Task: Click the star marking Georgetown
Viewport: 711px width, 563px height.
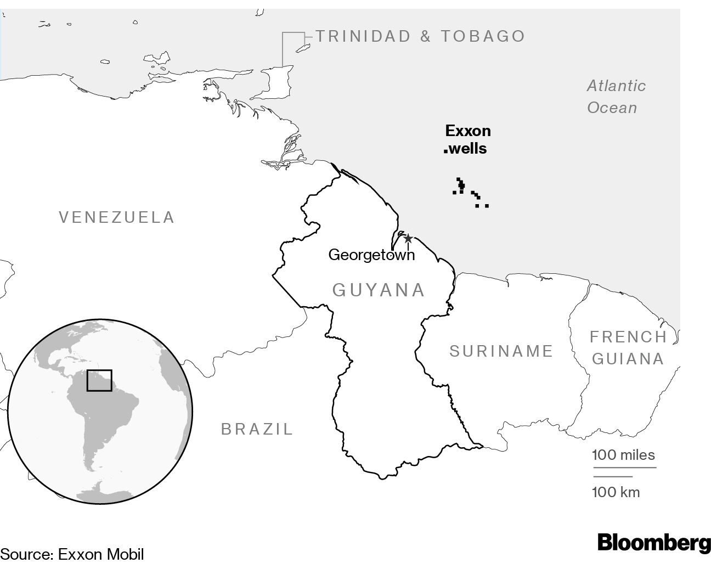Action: pyautogui.click(x=408, y=238)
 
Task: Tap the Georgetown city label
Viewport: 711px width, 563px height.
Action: pyautogui.click(x=371, y=255)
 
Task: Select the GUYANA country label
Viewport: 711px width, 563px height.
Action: pyautogui.click(x=379, y=290)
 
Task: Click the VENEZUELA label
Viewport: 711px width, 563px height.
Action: pyautogui.click(x=117, y=217)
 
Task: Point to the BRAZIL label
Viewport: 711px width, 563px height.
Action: pyautogui.click(x=257, y=429)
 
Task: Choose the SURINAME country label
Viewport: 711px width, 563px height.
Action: pyautogui.click(x=501, y=351)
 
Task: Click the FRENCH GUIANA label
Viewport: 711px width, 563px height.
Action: pyautogui.click(x=628, y=348)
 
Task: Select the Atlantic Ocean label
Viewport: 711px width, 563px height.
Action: pyautogui.click(x=616, y=97)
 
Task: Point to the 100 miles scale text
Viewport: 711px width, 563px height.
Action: pyautogui.click(x=623, y=455)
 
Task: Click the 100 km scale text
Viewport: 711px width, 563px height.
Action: pyautogui.click(x=616, y=492)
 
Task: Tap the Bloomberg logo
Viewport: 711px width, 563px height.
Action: pyautogui.click(x=654, y=542)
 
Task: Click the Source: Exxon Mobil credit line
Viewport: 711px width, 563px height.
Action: pyautogui.click(x=72, y=554)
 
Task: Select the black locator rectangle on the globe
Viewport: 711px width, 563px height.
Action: pyautogui.click(x=99, y=380)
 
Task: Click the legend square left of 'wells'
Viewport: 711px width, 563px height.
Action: pyautogui.click(x=445, y=150)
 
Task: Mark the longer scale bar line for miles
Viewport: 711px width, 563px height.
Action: pyautogui.click(x=624, y=468)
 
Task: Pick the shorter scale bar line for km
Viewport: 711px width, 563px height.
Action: pyautogui.click(x=612, y=476)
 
